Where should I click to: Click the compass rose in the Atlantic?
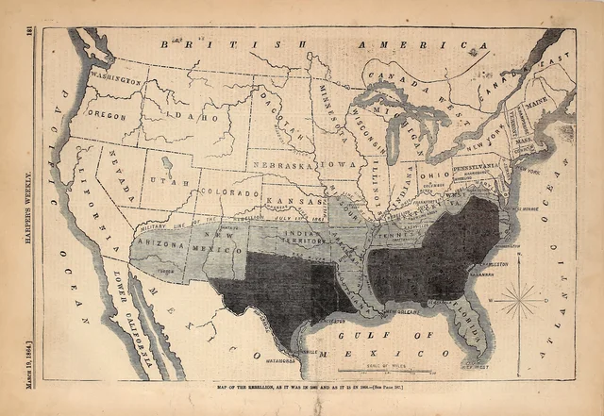518,301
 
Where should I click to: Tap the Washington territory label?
116,80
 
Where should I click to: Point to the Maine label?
539,98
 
